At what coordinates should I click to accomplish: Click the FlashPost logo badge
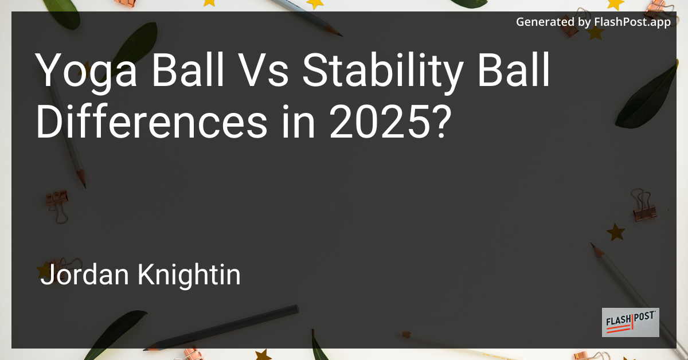pyautogui.click(x=630, y=322)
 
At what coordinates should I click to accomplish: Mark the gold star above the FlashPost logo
pyautogui.click(x=616, y=232)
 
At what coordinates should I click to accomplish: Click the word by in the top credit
pyautogui.click(x=584, y=22)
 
